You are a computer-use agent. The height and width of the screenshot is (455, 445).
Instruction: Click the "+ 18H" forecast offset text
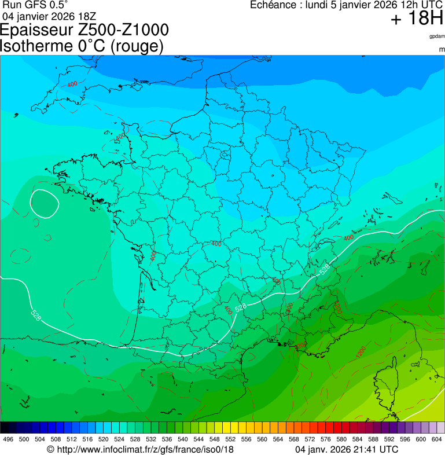click(x=417, y=19)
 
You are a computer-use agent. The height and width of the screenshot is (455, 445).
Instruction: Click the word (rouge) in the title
click(x=137, y=46)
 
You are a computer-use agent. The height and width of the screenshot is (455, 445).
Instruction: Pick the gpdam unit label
click(x=437, y=36)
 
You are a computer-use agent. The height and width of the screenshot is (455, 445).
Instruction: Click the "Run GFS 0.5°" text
click(x=35, y=5)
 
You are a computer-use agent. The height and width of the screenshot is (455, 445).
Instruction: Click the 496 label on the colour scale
click(x=8, y=439)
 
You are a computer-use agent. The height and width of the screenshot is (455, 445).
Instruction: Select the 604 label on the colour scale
click(x=436, y=439)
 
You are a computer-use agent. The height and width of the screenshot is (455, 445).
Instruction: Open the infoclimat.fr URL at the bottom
click(x=144, y=449)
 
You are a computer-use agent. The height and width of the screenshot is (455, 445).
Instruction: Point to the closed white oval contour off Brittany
click(x=45, y=203)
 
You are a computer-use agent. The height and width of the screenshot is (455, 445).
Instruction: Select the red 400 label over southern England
click(x=72, y=85)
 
